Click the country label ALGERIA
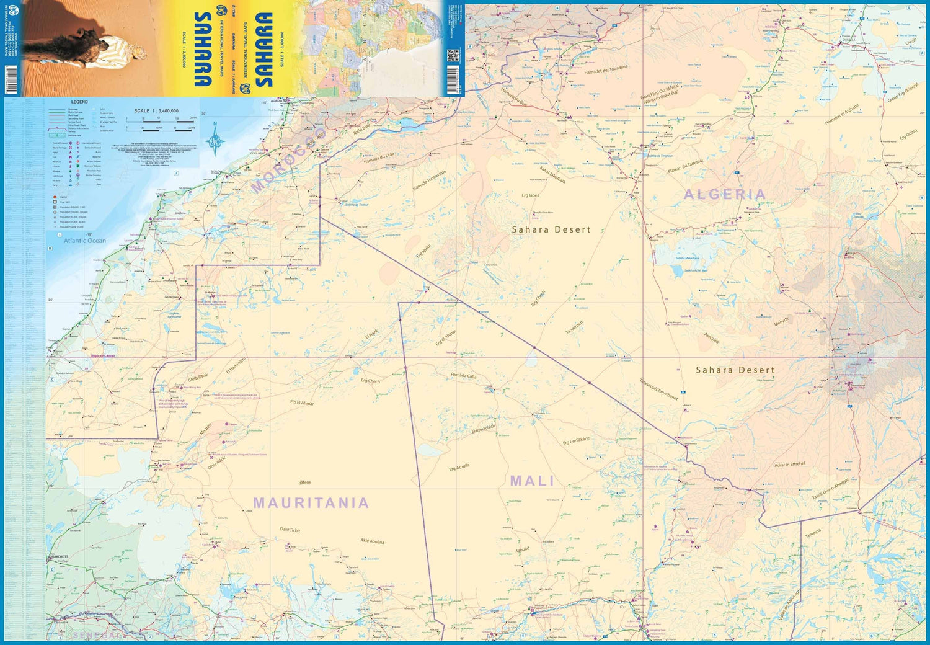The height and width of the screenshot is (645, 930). pyautogui.click(x=725, y=194)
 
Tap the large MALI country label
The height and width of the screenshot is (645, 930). pyautogui.click(x=532, y=481)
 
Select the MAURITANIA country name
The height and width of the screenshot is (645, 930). pyautogui.click(x=311, y=503)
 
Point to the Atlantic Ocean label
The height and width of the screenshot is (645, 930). pyautogui.click(x=85, y=241)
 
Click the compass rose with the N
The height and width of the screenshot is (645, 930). pyautogui.click(x=215, y=140)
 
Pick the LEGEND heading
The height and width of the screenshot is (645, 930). pyautogui.click(x=79, y=102)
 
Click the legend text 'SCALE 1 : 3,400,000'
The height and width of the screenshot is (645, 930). pyautogui.click(x=156, y=111)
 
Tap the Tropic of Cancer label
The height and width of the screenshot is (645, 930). pyautogui.click(x=102, y=356)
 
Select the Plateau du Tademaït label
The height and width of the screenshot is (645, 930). pyautogui.click(x=685, y=166)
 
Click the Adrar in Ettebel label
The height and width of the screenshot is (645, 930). pyautogui.click(x=789, y=465)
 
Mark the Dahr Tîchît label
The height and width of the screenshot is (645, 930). pyautogui.click(x=290, y=530)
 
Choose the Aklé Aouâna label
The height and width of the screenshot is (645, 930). pyautogui.click(x=372, y=541)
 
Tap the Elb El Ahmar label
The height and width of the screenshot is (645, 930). pyautogui.click(x=302, y=403)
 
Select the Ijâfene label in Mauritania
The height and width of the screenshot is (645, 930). pyautogui.click(x=304, y=482)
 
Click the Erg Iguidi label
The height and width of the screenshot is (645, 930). pyautogui.click(x=423, y=251)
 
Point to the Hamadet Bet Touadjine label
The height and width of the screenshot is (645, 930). pyautogui.click(x=606, y=69)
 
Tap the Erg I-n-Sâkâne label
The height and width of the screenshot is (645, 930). pyautogui.click(x=576, y=441)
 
